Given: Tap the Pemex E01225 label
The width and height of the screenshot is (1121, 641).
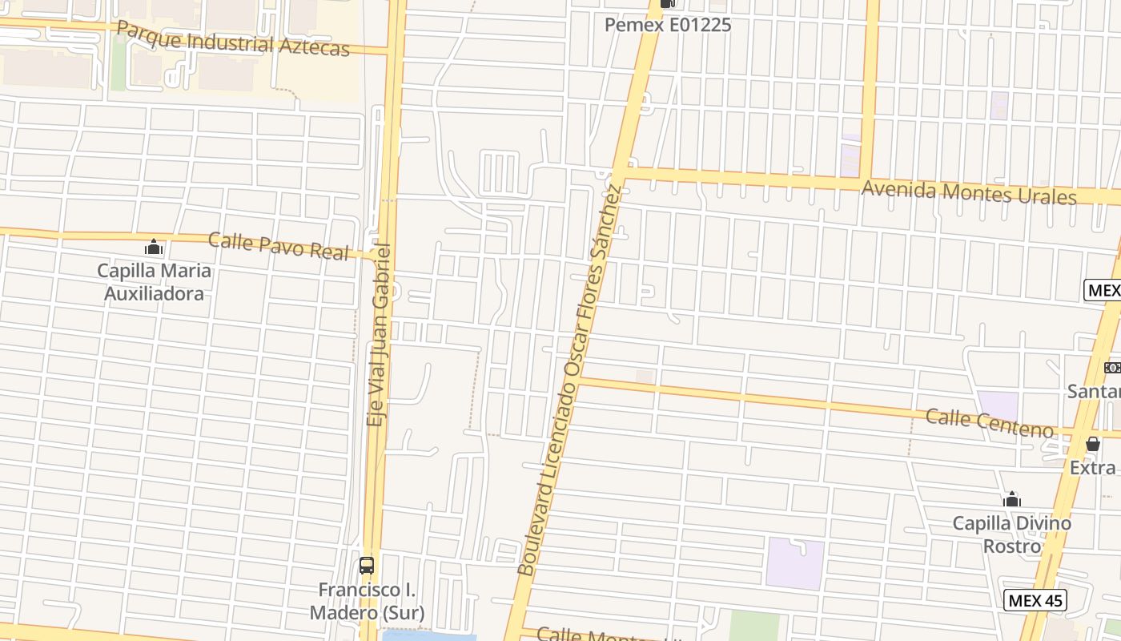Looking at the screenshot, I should [667, 25].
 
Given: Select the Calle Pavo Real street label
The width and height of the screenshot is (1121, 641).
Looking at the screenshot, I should [278, 246].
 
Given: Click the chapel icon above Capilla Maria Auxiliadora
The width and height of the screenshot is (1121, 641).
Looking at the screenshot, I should [154, 248].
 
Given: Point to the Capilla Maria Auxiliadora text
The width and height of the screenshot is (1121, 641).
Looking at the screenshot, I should [155, 282].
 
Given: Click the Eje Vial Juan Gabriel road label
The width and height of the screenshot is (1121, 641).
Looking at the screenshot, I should [378, 335].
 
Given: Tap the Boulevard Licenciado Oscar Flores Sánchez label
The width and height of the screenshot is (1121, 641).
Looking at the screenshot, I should [570, 381].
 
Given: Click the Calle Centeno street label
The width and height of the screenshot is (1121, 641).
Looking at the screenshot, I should [989, 422].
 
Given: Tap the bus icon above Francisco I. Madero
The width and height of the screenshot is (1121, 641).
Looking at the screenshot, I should [367, 566].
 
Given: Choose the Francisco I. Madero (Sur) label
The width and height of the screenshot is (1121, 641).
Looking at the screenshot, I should [367, 602].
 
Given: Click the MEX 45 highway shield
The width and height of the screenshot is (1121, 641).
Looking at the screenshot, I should [1035, 600].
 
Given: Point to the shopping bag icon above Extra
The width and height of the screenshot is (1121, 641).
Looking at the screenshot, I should [1093, 444].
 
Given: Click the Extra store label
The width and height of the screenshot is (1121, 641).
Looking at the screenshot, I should [1092, 467].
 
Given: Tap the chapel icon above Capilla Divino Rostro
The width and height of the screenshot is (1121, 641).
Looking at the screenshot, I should [1012, 500].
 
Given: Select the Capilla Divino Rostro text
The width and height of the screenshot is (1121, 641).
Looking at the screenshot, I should [1011, 534].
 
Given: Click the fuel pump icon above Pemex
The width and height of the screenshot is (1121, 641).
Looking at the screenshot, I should [667, 4].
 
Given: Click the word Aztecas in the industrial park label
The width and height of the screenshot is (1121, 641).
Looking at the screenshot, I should [314, 46].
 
